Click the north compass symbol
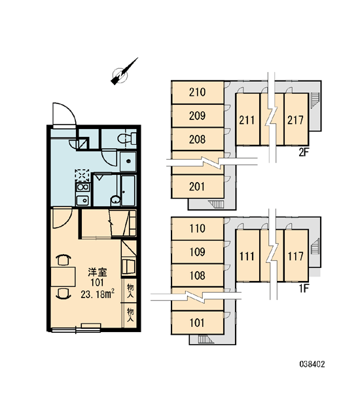coord(123,73)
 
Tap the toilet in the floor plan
coord(127,138)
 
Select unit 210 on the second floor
coord(198,92)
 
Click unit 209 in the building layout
coord(198,116)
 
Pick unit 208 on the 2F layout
coord(198,140)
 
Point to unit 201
coord(198,187)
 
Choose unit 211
coord(247,119)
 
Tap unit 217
coord(296,119)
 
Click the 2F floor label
coord(303,152)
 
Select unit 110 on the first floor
coord(198,229)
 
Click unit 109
coord(198,252)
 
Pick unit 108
coord(198,276)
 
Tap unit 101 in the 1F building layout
coord(198,323)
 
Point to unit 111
coord(247,255)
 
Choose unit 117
coord(296,255)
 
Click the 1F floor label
coord(303,289)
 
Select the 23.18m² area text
coord(98,294)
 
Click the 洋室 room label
coord(98,272)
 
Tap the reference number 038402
coord(312,364)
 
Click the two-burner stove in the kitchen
coord(82,187)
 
